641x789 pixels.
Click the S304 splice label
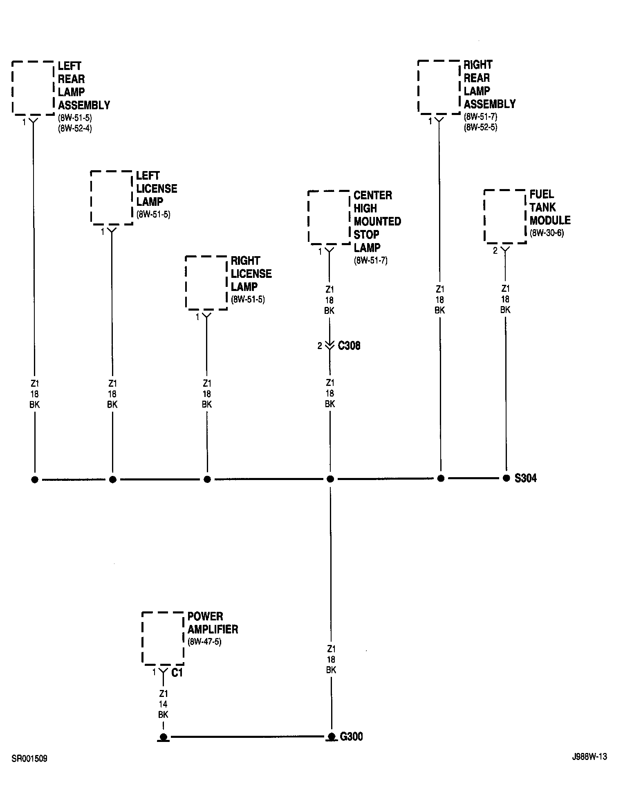[525, 478]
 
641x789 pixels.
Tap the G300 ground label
[351, 737]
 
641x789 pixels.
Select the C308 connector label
[349, 346]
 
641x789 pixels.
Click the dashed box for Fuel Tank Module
[505, 216]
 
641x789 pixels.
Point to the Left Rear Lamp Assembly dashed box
[33, 88]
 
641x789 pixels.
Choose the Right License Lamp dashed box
[206, 283]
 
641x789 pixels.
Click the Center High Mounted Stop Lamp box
[329, 217]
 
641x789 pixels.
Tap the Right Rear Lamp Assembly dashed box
[439, 87]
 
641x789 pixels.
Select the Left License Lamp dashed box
[112, 198]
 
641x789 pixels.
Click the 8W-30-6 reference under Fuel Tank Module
[547, 234]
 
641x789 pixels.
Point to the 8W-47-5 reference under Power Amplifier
[204, 642]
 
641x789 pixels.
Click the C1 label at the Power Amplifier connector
[177, 672]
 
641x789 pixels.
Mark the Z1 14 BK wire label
[163, 704]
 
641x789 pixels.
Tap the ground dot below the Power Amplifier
[163, 737]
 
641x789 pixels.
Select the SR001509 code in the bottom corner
[29, 759]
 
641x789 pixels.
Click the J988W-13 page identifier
[589, 757]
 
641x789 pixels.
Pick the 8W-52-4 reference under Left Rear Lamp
[75, 128]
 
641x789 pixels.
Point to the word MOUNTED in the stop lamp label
[377, 221]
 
